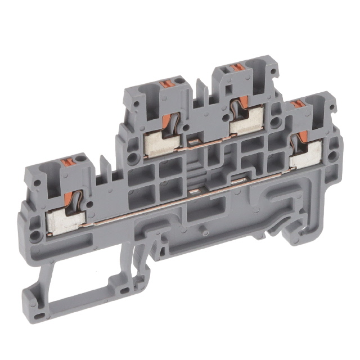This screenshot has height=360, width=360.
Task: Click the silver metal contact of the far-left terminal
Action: [64, 220]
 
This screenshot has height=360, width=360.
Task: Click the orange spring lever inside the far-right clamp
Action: [303, 137]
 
